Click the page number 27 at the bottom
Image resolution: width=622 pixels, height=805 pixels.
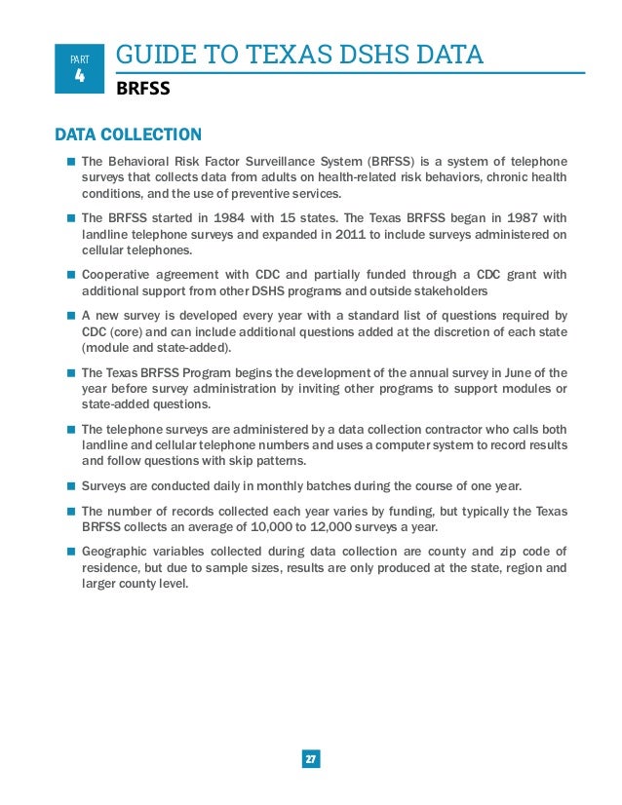click(311, 759)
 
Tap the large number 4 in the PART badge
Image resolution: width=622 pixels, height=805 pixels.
click(81, 74)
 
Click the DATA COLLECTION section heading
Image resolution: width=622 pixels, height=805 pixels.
click(128, 134)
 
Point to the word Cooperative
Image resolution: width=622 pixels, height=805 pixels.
click(117, 275)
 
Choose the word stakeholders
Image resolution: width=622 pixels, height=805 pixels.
click(446, 291)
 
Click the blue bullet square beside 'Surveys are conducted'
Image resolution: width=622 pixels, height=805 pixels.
click(71, 485)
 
